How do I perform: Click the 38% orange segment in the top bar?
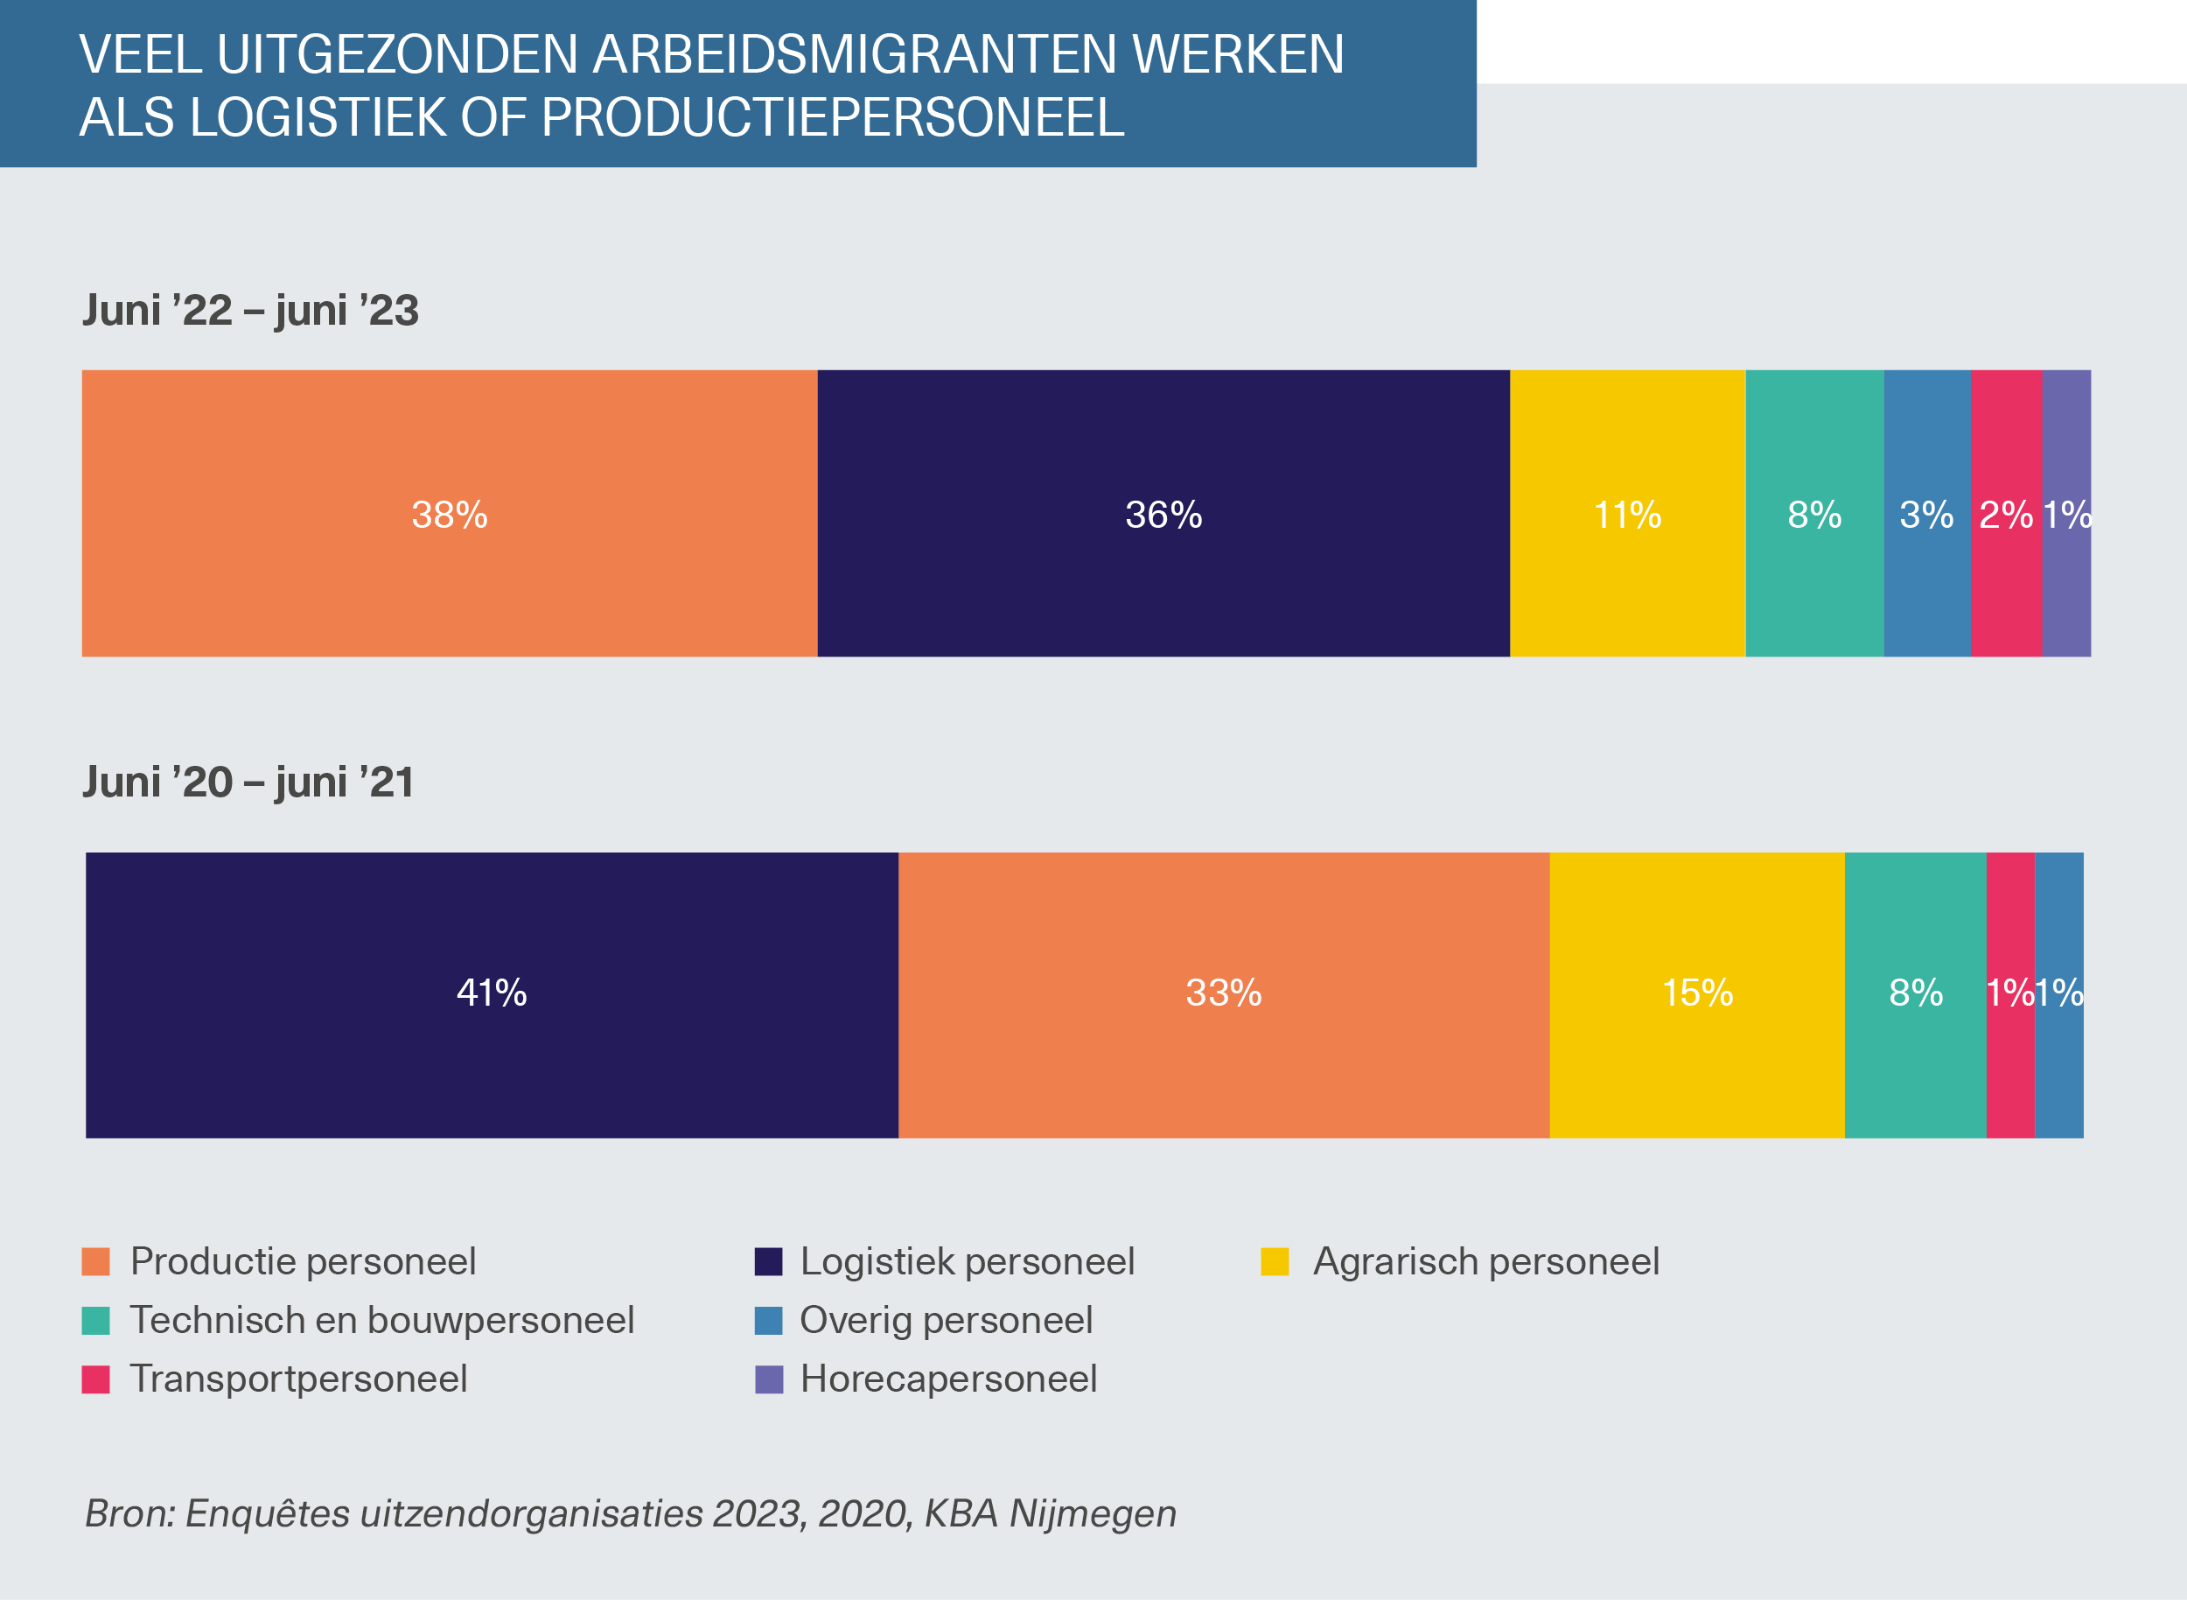coord(450,513)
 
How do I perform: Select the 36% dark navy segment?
coord(1163,513)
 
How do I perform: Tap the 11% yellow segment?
coord(1626,513)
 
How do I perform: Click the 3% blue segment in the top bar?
coord(1926,513)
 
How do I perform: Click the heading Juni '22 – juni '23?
coord(251,311)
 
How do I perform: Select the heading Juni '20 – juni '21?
coord(248,782)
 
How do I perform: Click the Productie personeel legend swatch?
coord(96,1262)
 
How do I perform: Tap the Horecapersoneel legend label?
coord(947,1379)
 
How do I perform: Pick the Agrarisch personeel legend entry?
coord(1485,1262)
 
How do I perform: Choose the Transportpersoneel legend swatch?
coord(96,1379)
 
